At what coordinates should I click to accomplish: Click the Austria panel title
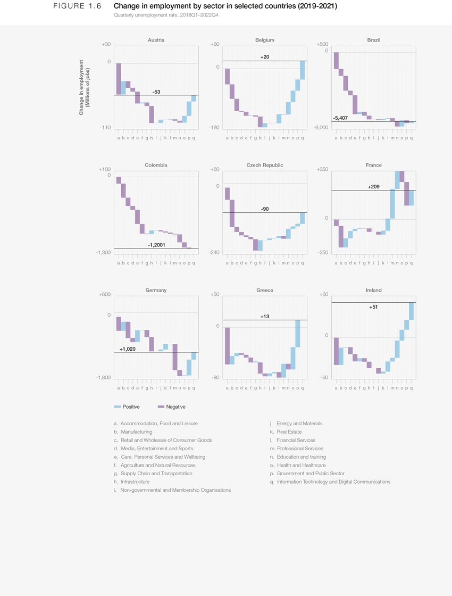pyautogui.click(x=156, y=40)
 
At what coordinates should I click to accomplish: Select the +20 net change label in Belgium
pyautogui.click(x=265, y=56)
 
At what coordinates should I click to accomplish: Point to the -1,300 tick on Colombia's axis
pyautogui.click(x=103, y=252)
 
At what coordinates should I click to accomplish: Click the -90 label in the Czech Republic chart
pyautogui.click(x=265, y=209)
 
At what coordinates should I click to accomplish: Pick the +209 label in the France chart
pyautogui.click(x=373, y=187)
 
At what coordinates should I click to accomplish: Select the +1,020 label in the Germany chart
pyautogui.click(x=128, y=349)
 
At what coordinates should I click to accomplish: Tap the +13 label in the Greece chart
pyautogui.click(x=265, y=317)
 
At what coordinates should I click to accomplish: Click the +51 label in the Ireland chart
pyautogui.click(x=373, y=307)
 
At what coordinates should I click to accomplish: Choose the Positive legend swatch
pyautogui.click(x=118, y=407)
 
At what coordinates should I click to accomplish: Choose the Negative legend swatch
pyautogui.click(x=162, y=407)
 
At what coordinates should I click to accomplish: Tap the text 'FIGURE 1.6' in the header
pyautogui.click(x=77, y=6)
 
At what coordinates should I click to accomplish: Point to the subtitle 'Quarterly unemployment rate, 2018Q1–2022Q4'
pyautogui.click(x=166, y=15)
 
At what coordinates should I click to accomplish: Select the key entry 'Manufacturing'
pyautogui.click(x=136, y=432)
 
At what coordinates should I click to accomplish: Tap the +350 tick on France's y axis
pyautogui.click(x=322, y=169)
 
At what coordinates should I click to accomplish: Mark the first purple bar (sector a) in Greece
pyautogui.click(x=227, y=346)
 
